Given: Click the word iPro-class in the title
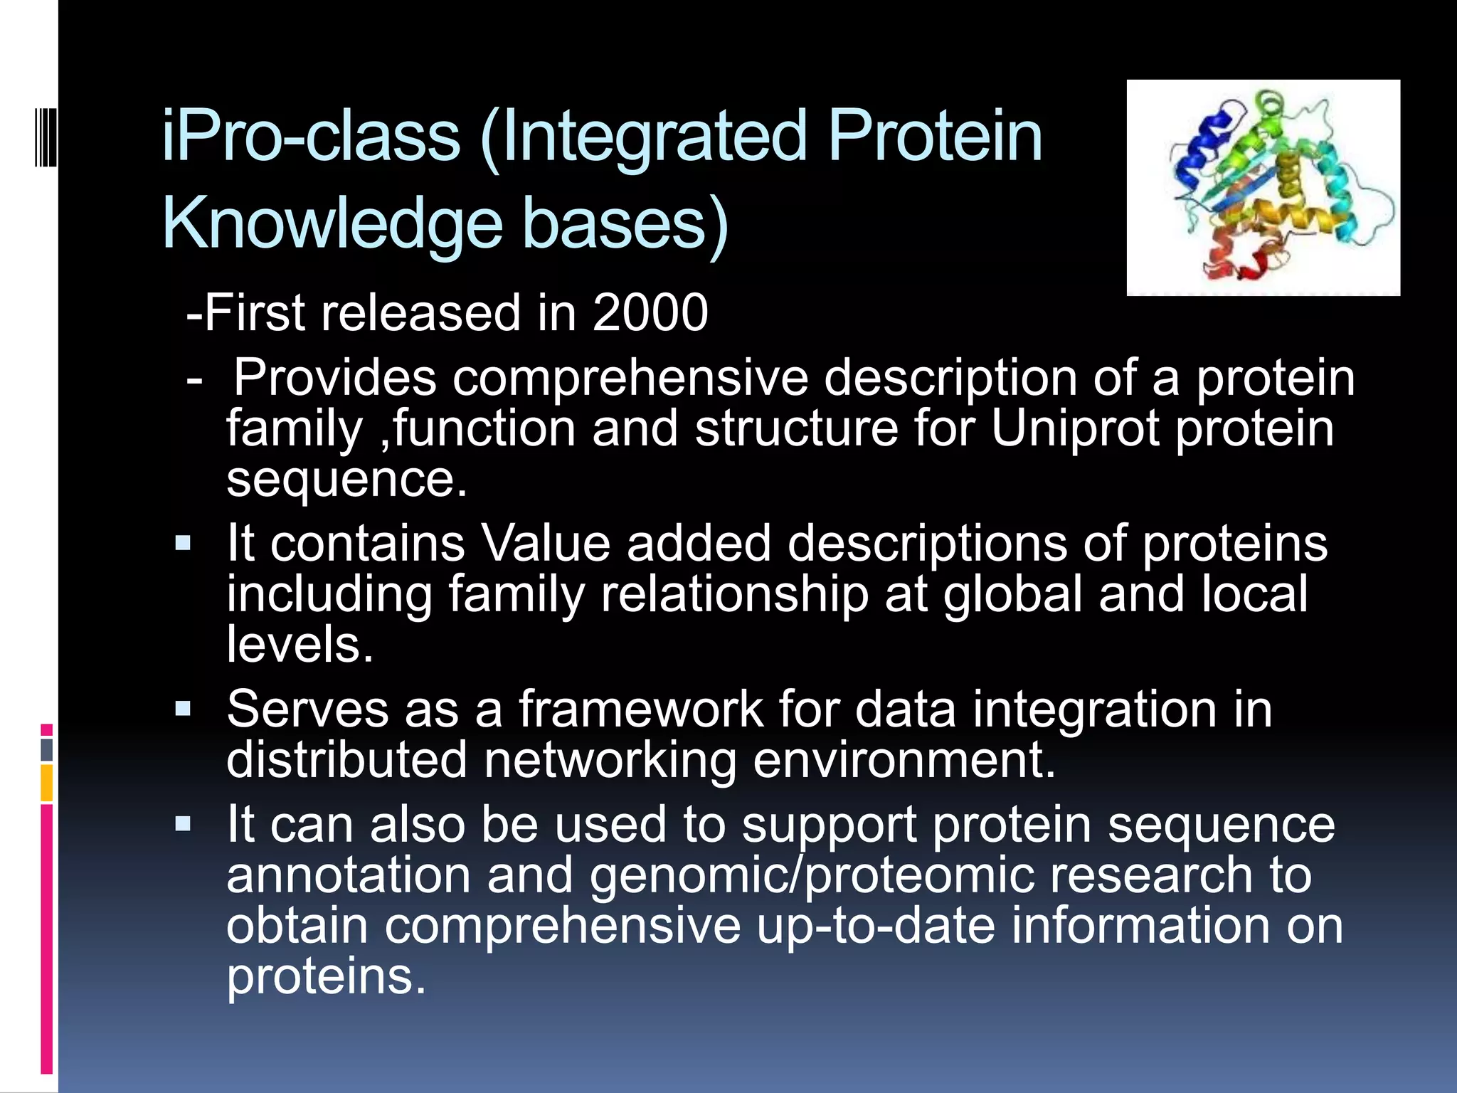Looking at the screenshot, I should (x=310, y=137).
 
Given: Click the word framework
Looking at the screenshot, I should (x=640, y=709).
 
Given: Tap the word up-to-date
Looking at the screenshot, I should (x=875, y=925).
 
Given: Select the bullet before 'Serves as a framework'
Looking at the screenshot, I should (x=184, y=709).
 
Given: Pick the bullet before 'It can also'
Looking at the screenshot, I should (x=184, y=825).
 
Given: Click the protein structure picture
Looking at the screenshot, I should (x=1263, y=188).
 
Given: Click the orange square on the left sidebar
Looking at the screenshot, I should (x=47, y=783).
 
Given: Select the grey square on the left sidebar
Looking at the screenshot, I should (x=47, y=749).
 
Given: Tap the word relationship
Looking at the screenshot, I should (x=734, y=594).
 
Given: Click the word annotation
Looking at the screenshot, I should (x=349, y=875).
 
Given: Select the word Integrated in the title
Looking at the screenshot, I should (x=644, y=137).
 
